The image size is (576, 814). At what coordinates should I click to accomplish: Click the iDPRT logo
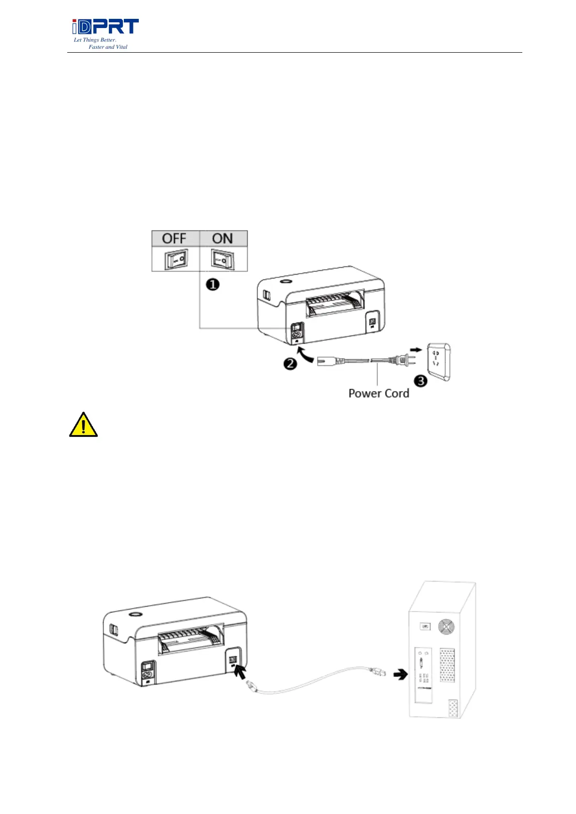[105, 27]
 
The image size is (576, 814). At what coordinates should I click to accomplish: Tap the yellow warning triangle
[83, 425]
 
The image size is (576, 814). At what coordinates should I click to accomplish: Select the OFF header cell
[175, 238]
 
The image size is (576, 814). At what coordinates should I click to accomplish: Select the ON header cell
[222, 238]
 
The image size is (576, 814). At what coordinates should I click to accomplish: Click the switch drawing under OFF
[176, 260]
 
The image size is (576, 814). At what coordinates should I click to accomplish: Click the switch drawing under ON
[222, 260]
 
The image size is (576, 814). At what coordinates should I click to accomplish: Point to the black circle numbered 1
[213, 284]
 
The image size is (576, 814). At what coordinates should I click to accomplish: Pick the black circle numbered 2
[290, 363]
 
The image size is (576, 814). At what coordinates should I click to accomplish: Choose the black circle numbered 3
[421, 381]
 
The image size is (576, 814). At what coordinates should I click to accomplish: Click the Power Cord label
[379, 393]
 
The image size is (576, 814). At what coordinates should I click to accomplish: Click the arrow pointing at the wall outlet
[415, 349]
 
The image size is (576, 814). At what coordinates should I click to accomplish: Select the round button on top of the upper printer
[285, 281]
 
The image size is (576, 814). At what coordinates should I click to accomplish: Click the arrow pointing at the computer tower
[400, 675]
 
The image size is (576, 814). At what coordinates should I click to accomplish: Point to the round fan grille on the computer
[446, 627]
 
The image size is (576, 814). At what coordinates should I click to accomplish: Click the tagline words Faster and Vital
[108, 47]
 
